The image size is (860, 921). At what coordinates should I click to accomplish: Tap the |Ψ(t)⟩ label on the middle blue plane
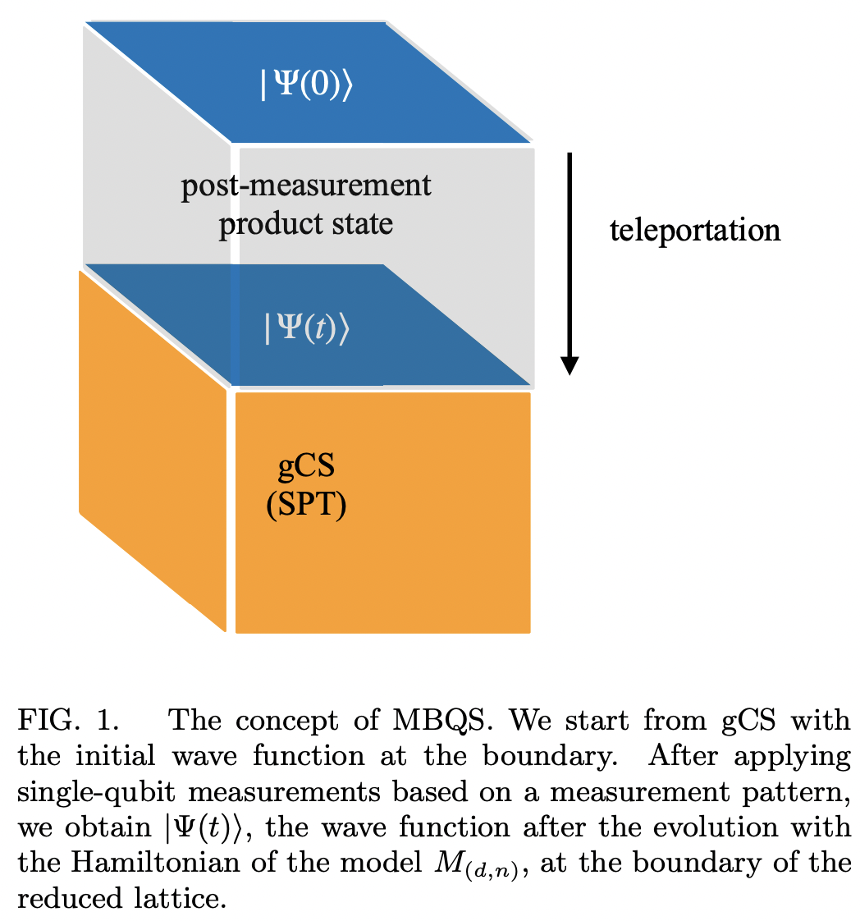tap(306, 328)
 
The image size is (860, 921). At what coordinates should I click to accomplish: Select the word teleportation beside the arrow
tap(694, 230)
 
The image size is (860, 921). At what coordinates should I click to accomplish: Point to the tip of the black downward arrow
tap(570, 371)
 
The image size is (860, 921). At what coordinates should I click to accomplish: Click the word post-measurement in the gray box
tap(305, 185)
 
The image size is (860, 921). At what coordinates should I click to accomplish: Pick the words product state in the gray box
tap(305, 223)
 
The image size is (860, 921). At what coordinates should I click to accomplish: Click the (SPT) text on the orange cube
tap(306, 505)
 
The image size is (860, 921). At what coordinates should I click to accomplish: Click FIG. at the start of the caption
tap(50, 722)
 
